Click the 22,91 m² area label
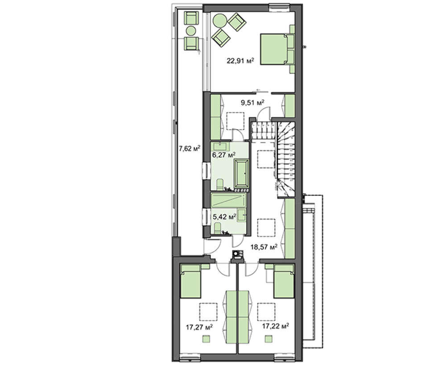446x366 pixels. click(x=240, y=61)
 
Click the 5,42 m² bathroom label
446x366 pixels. click(x=224, y=217)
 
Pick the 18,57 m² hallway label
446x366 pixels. click(x=264, y=247)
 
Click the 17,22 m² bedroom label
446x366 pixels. click(x=276, y=326)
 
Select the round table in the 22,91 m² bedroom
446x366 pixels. click(x=219, y=21)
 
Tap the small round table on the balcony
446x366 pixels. click(x=191, y=31)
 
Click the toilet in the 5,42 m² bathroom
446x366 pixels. click(x=218, y=228)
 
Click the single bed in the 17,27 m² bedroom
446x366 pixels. click(x=191, y=281)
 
